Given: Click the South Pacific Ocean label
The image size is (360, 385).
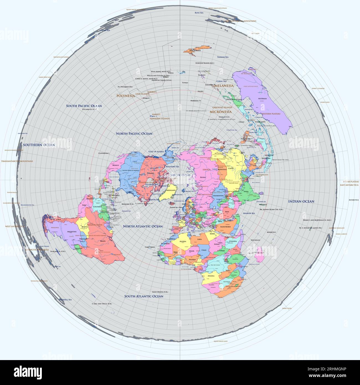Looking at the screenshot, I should coord(84,106).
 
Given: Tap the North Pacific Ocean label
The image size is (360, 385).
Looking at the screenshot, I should coord(134,134).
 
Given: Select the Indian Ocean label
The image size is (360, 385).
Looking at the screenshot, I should coord(301,201).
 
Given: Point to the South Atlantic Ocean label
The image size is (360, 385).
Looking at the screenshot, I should coord(143,296).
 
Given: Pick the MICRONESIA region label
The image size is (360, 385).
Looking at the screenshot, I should coord(220,112).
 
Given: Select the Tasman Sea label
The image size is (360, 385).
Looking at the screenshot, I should coord(223,57).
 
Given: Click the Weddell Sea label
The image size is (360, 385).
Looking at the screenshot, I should coord(66,299).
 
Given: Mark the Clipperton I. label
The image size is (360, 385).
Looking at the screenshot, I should coord(104,153).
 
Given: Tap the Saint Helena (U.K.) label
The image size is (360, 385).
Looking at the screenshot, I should coord(160,292).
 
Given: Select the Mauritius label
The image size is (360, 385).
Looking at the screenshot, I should coord(271,232).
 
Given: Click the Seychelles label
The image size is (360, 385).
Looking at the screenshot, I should coord(255,240).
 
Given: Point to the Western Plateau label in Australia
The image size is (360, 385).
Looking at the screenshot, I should coord(271,114).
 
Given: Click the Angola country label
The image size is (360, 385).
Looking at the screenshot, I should coord(211,276).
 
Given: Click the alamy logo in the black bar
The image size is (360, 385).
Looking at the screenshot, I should coord(28,372).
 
